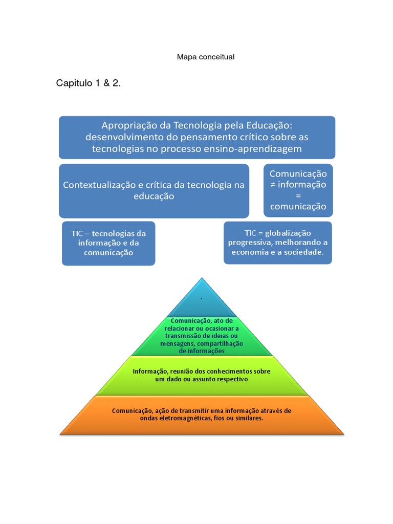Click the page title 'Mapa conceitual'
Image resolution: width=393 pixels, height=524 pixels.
[205, 57]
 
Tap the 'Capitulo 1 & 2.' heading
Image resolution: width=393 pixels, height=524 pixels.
[89, 83]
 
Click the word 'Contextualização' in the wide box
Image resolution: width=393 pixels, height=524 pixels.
[97, 185]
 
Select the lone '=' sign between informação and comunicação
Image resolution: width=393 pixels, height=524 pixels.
[298, 195]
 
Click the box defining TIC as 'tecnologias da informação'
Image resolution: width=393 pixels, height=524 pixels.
[108, 243]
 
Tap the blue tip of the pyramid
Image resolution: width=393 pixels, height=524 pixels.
[202, 299]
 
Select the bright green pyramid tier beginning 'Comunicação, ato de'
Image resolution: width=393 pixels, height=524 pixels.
[202, 336]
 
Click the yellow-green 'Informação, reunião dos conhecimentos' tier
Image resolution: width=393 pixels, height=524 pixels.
[202, 375]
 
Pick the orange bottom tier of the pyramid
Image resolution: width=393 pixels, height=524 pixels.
[202, 414]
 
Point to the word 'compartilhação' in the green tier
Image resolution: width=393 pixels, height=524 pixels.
[220, 343]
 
